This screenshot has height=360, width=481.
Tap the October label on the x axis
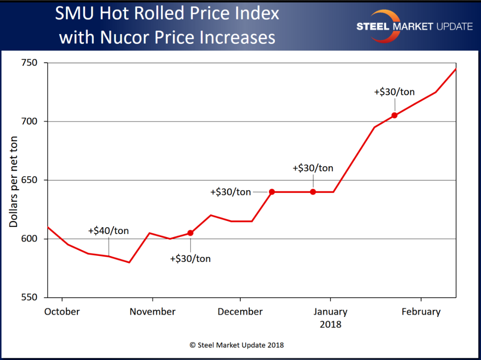(61, 312)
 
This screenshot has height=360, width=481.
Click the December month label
(240, 312)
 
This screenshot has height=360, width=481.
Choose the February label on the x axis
(421, 312)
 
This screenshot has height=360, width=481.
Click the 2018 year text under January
(330, 324)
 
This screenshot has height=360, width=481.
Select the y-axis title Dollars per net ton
(14, 180)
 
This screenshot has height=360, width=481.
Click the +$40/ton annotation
(108, 231)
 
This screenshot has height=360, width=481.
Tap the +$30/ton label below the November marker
(190, 259)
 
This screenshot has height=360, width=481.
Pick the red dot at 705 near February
(395, 115)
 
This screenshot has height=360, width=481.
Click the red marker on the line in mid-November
(190, 233)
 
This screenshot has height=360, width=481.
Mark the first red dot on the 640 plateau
(272, 192)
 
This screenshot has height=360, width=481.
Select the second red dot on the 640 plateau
(313, 192)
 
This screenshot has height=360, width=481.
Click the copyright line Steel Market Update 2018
(237, 345)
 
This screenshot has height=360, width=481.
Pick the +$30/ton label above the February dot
(394, 92)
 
